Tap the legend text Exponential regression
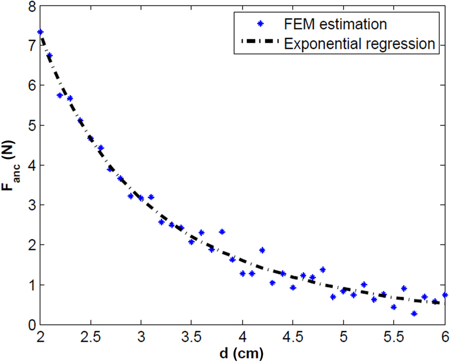coord(359,43)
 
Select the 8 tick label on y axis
coord(30,6)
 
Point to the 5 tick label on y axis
coord(30,125)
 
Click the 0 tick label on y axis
coord(30,325)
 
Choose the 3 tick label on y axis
coord(30,205)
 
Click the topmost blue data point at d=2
coord(40,32)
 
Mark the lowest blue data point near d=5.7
coord(414,314)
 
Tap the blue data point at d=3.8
coord(222,232)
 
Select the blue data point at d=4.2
coord(262,250)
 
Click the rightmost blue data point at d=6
coord(445,295)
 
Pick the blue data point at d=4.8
coord(323,270)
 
